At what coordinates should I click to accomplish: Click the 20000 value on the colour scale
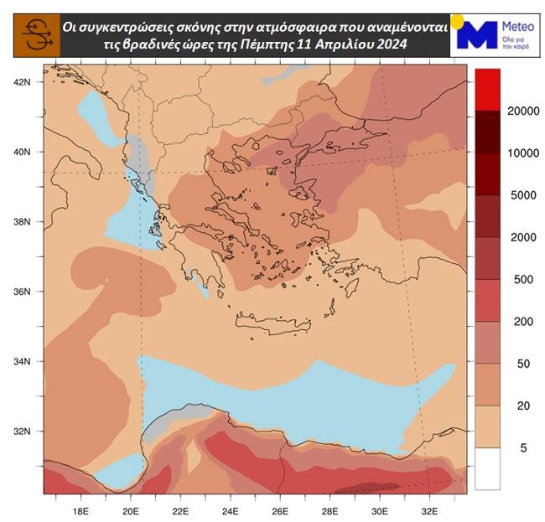[523, 112]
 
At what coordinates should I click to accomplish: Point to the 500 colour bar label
[523, 279]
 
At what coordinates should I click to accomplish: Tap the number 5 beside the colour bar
[523, 448]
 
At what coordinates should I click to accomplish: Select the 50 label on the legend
[523, 364]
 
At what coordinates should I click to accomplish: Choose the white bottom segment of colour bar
[487, 469]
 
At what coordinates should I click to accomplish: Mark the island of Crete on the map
[268, 323]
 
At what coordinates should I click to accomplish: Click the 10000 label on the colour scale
[523, 153]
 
